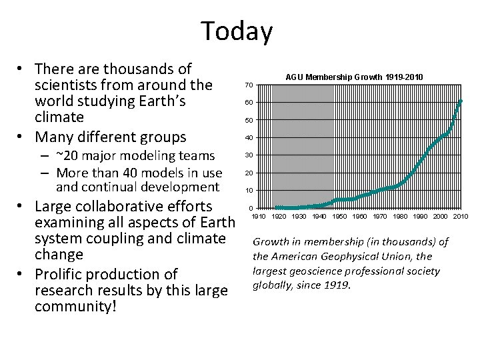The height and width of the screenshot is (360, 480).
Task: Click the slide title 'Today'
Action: [x=237, y=31]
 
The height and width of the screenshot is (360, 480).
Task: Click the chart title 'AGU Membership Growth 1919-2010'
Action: [x=353, y=77]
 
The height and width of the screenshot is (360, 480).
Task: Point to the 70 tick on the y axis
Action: [x=248, y=85]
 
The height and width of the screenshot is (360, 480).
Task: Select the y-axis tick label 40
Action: [x=248, y=138]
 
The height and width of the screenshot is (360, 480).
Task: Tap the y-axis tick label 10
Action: [x=248, y=191]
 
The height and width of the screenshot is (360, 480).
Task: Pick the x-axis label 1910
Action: [x=259, y=217]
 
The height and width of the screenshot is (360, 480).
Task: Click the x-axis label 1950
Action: [x=339, y=217]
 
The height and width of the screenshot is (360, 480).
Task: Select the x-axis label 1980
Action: [x=400, y=217]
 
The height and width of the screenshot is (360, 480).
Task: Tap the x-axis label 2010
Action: [x=461, y=217]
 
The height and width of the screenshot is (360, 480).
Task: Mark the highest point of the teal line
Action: [x=461, y=101]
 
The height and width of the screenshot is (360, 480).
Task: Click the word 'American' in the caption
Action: [x=304, y=257]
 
